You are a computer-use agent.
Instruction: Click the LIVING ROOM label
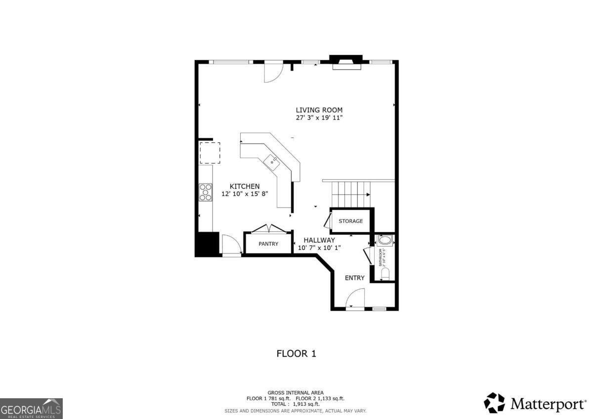click(x=319, y=110)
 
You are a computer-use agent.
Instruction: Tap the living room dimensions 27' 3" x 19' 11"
click(x=319, y=118)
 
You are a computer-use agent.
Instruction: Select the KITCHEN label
click(x=244, y=186)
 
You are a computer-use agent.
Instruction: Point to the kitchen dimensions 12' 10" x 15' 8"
click(x=244, y=194)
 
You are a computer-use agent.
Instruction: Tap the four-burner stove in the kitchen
click(x=206, y=192)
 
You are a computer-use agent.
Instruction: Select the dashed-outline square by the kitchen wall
click(x=210, y=153)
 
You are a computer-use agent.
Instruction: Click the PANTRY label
click(x=268, y=244)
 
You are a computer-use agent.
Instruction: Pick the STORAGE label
click(x=351, y=221)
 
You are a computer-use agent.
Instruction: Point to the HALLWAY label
click(x=319, y=240)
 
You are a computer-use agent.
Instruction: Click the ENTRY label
click(x=354, y=278)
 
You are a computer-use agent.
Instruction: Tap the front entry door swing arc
click(x=354, y=298)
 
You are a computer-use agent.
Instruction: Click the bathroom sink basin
click(x=384, y=241)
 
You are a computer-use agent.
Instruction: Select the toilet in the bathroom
click(x=385, y=273)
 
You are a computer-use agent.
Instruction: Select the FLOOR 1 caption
click(x=296, y=354)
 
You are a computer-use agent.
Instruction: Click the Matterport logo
click(x=534, y=403)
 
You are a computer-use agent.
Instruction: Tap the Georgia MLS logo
click(x=32, y=408)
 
